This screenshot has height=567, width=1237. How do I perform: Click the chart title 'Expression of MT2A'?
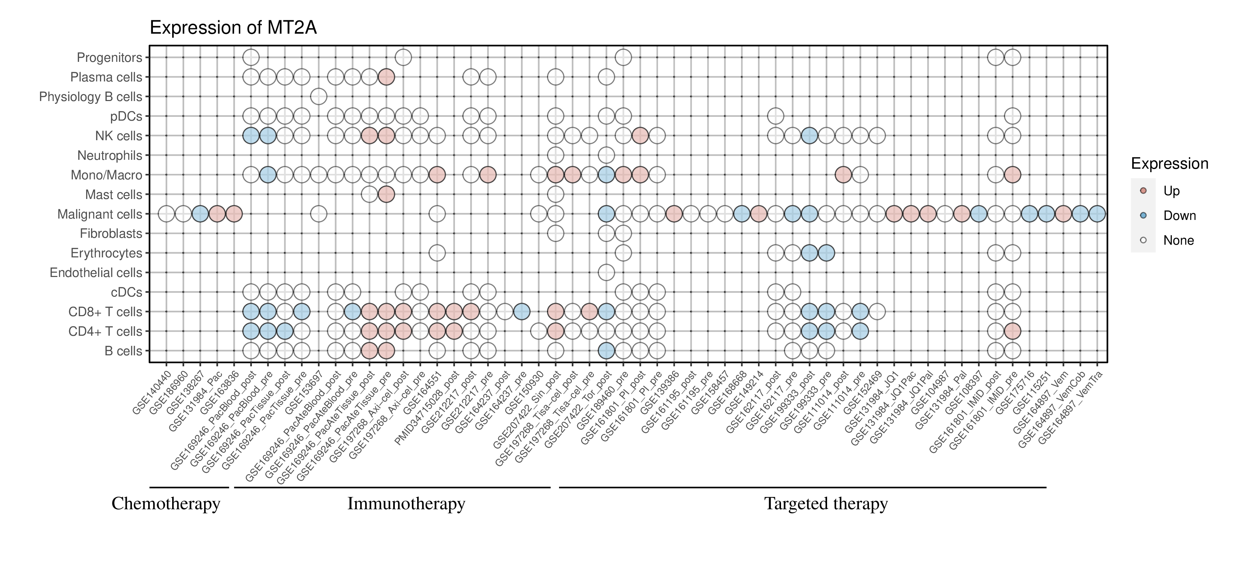click(233, 28)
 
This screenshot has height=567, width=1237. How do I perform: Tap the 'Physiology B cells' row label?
click(91, 97)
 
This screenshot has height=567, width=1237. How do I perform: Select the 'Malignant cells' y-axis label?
click(100, 214)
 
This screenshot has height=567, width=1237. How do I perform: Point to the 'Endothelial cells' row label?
click(96, 273)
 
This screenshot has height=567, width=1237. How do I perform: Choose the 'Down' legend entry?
click(1179, 215)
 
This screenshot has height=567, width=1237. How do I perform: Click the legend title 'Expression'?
click(1169, 164)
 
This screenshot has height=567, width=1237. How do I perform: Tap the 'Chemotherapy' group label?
click(166, 504)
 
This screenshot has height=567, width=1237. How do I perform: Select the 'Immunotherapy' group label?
click(406, 504)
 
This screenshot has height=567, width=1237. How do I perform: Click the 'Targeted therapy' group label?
click(826, 504)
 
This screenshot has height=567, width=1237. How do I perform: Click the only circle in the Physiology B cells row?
click(319, 97)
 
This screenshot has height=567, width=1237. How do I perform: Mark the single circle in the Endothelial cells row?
click(606, 273)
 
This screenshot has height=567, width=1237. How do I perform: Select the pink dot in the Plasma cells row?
click(387, 77)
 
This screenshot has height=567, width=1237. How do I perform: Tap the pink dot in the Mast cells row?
click(387, 194)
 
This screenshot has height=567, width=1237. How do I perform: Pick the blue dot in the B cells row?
click(606, 351)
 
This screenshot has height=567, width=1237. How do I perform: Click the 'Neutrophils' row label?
click(110, 156)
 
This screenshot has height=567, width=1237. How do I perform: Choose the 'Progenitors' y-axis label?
click(110, 58)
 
